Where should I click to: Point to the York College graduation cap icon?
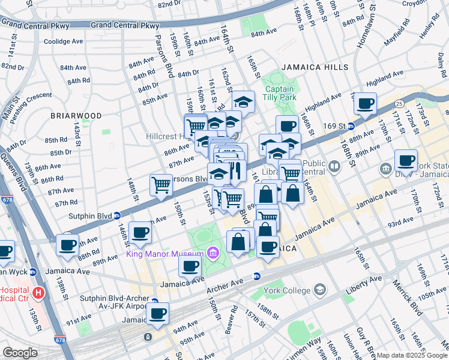pyautogui.click(x=321, y=290)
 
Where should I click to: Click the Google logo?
pyautogui.click(x=20, y=352)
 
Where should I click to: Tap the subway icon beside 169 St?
pyautogui.click(x=351, y=126)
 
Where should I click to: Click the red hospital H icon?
pyautogui.click(x=38, y=293)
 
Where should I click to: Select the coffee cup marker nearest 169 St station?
pyautogui.click(x=365, y=104)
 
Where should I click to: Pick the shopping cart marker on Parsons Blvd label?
pyautogui.click(x=161, y=185)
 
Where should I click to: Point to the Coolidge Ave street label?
pyautogui.click(x=62, y=41)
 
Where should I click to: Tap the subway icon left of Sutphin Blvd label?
pyautogui.click(x=117, y=215)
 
